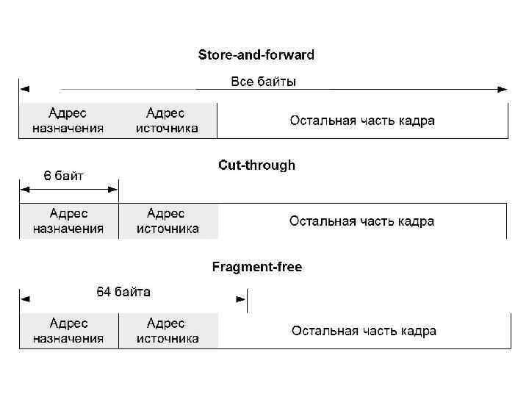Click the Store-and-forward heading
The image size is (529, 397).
coord(256,55)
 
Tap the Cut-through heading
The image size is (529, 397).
coord(256,165)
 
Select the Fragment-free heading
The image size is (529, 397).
coord(256,267)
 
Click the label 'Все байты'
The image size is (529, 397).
coord(264,82)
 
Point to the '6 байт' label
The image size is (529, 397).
coord(64,176)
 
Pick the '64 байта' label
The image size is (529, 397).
coord(124,292)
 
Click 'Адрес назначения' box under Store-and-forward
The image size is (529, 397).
coord(68,121)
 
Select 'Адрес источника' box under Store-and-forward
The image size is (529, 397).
coord(168,121)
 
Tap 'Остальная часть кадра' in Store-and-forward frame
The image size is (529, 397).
coord(361,121)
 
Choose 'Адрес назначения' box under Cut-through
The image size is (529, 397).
coord(68,221)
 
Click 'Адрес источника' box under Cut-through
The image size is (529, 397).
coord(168,221)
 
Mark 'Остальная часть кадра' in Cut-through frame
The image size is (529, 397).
coord(361,221)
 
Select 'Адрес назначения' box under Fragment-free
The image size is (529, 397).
coord(68,331)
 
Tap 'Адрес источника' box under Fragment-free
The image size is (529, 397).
coord(168,331)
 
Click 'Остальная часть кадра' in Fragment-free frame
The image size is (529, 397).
coord(364,331)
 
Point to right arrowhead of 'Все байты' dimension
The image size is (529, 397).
coord(503,90)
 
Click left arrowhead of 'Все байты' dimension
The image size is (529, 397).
coord(25,90)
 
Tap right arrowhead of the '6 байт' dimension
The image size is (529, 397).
coord(113,190)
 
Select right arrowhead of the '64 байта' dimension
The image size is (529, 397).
coord(240,299)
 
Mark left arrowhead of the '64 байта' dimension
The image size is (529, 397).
coord(25,299)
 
